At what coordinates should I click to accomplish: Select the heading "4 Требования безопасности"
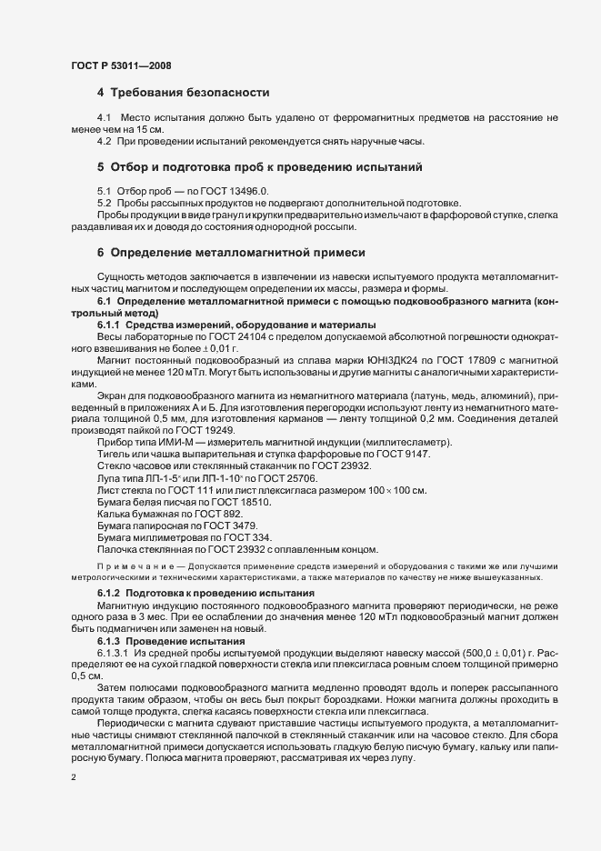[183, 93]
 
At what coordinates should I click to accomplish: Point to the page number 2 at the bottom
[72, 776]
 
